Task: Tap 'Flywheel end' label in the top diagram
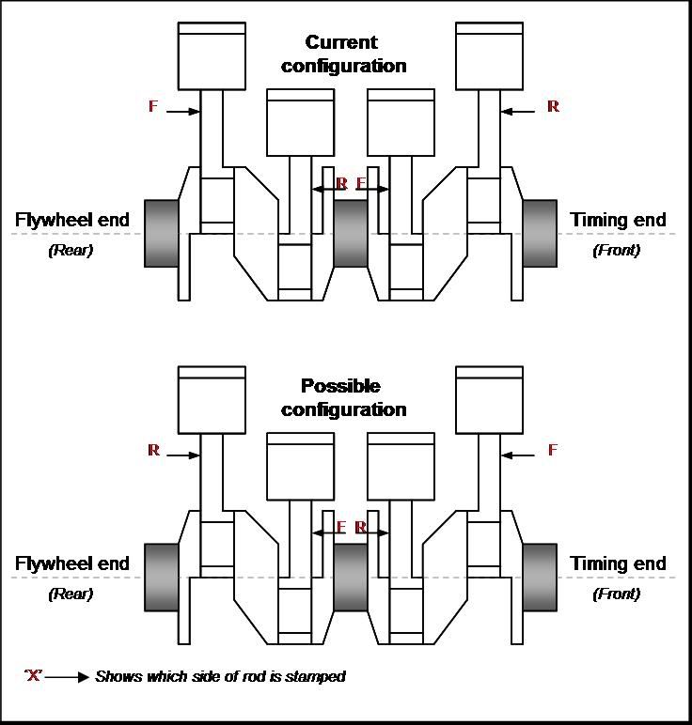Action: point(72,221)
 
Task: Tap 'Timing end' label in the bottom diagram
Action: point(618,564)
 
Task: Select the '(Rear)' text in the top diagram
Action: point(71,251)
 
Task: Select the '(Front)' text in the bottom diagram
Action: point(617,594)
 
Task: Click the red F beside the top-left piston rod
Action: point(153,106)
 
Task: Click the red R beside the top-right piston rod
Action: point(553,107)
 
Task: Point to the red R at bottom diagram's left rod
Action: point(153,451)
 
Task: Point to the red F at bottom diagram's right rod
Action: point(553,451)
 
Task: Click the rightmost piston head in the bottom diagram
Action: point(488,399)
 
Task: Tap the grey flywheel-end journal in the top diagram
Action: point(161,232)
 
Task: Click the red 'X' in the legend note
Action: point(34,676)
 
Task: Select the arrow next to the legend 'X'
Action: point(68,676)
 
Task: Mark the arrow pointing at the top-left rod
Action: point(183,111)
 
